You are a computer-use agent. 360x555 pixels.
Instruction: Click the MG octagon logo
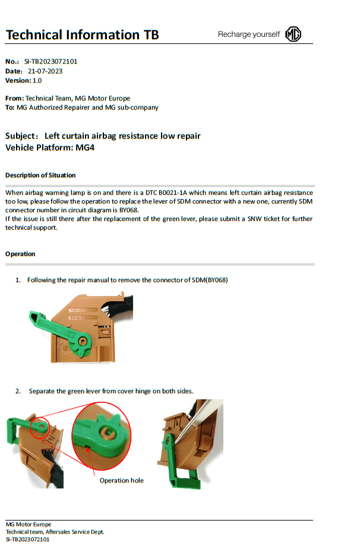tap(293, 34)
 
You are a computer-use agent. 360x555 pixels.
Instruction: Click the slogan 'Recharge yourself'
tap(248, 34)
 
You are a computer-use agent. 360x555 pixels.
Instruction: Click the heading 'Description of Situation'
tap(40, 175)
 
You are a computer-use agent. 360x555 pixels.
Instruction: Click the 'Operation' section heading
tap(20, 254)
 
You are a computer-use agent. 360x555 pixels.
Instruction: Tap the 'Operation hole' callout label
tap(121, 480)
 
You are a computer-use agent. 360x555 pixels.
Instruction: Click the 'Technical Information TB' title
tap(82, 34)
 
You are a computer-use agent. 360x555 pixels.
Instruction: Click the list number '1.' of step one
tap(18, 280)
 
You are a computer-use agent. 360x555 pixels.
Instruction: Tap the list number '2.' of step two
tap(18, 391)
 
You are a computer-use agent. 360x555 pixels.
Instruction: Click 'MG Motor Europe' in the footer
tap(29, 525)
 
